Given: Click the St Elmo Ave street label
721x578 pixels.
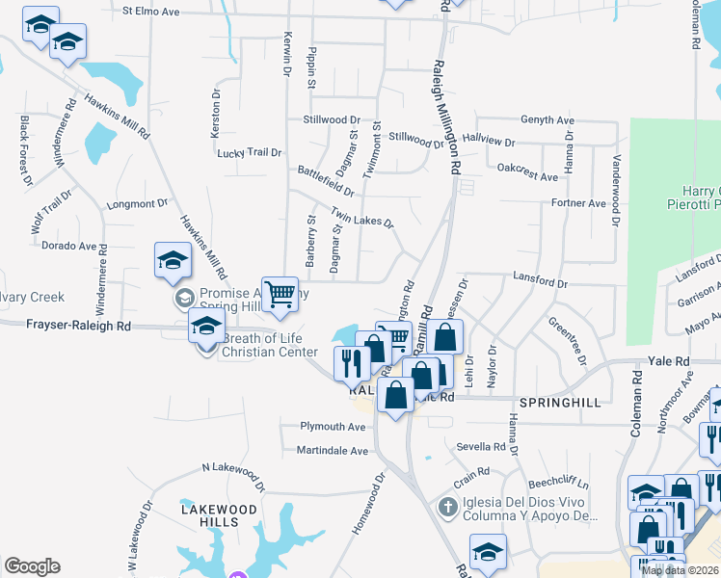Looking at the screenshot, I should click(152, 12).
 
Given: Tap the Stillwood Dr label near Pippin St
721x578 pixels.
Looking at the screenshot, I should click(331, 119).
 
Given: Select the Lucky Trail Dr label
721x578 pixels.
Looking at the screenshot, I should click(249, 152).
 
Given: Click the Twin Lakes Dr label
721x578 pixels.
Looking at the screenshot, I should click(362, 217).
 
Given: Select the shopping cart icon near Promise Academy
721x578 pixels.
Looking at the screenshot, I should click(280, 293).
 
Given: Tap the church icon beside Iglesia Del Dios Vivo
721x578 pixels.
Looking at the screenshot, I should click(446, 507).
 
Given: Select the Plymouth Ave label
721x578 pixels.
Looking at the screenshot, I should click(334, 426).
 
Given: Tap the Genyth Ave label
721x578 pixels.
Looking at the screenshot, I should click(547, 119).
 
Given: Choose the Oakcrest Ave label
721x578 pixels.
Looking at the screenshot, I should click(527, 177).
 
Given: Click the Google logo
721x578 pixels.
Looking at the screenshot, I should click(32, 566).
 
